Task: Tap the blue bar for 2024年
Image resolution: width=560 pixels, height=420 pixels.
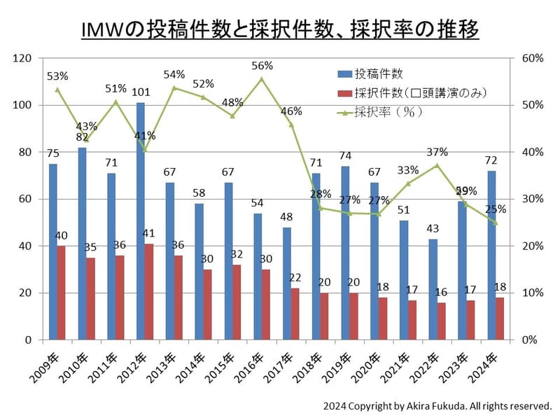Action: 491,255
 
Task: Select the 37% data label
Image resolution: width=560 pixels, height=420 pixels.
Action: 437,152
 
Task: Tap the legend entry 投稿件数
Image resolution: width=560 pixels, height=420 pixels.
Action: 378,73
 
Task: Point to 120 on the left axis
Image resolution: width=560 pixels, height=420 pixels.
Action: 33,59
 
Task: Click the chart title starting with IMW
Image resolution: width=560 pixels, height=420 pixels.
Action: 280,29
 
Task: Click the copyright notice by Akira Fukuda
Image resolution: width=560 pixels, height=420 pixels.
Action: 437,405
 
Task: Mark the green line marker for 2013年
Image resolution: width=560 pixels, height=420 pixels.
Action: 174,87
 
